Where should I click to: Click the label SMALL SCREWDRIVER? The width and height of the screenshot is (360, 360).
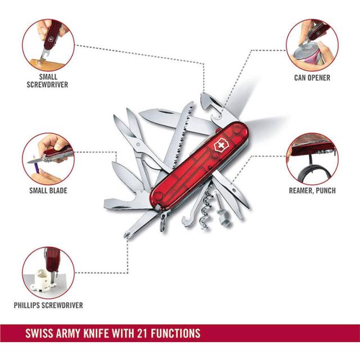click(x=47, y=80)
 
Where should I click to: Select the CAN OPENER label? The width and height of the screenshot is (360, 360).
click(x=312, y=78)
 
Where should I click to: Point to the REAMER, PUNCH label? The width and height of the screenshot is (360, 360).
click(x=312, y=191)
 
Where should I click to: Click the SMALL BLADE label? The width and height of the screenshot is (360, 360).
click(x=48, y=191)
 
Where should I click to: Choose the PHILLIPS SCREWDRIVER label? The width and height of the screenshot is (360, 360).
click(x=48, y=305)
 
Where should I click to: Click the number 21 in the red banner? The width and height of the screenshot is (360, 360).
click(x=142, y=334)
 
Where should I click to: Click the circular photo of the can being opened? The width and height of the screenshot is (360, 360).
click(x=312, y=45)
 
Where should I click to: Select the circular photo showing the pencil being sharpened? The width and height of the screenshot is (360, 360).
click(x=48, y=159)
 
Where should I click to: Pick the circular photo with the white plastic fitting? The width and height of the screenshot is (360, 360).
click(x=48, y=273)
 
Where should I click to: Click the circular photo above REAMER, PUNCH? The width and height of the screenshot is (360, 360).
click(x=312, y=159)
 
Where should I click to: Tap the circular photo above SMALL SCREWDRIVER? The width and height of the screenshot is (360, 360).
click(x=48, y=45)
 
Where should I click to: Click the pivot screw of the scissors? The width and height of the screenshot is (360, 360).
click(x=138, y=144)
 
